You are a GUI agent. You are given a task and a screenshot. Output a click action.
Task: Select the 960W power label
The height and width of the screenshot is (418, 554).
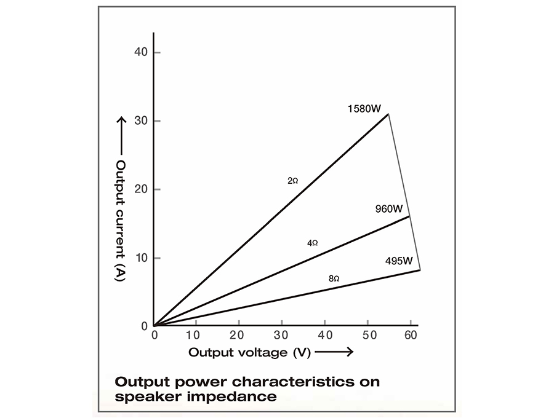pyautogui.click(x=389, y=208)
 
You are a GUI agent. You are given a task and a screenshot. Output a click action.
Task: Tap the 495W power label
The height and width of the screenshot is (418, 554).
pyautogui.click(x=399, y=261)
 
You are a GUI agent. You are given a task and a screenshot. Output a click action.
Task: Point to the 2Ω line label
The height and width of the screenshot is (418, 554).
pyautogui.click(x=293, y=181)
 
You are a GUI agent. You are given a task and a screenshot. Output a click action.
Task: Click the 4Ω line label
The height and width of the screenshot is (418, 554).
pyautogui.click(x=313, y=243)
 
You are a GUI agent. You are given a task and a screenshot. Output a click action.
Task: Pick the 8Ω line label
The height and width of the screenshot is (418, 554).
pyautogui.click(x=334, y=278)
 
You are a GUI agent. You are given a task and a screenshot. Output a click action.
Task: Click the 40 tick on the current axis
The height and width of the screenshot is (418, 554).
pyautogui.click(x=141, y=52)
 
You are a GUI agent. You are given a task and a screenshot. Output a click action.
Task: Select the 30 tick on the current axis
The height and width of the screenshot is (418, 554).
pyautogui.click(x=141, y=120)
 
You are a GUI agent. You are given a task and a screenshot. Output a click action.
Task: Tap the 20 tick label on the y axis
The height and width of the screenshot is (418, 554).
pyautogui.click(x=141, y=189)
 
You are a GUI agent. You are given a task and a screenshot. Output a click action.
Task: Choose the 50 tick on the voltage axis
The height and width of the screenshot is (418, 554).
pyautogui.click(x=367, y=336)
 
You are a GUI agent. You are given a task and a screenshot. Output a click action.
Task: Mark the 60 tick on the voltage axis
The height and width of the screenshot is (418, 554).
pyautogui.click(x=409, y=336)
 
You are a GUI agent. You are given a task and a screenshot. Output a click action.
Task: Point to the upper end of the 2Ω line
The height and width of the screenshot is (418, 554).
pyautogui.click(x=388, y=114)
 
